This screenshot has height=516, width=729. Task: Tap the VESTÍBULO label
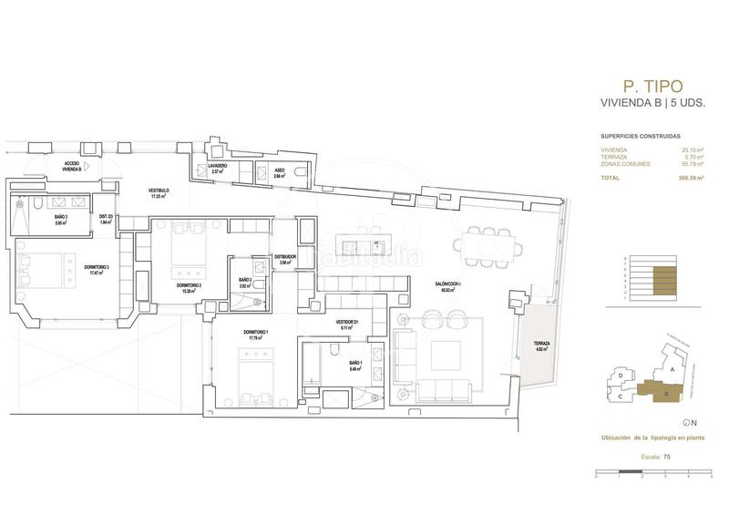(160, 191)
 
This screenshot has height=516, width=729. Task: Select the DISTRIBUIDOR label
(283, 258)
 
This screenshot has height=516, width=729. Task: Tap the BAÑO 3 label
(62, 217)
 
